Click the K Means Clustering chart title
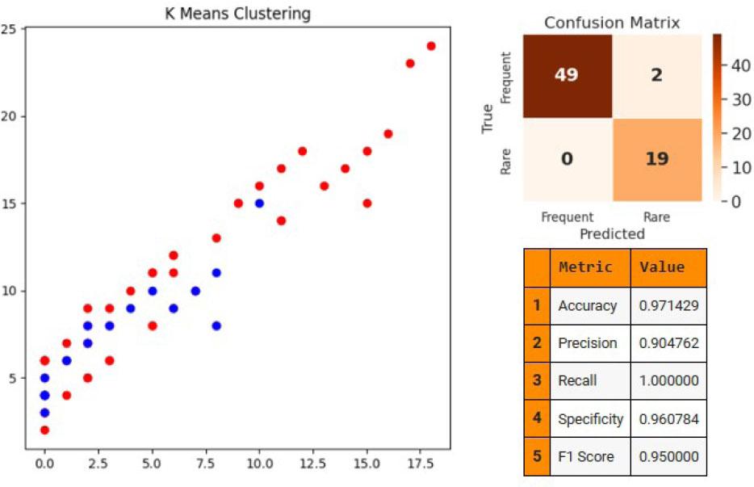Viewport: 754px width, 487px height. click(237, 14)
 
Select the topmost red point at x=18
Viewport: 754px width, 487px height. click(431, 46)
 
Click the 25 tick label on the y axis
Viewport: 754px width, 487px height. click(10, 29)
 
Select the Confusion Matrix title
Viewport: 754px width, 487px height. click(612, 23)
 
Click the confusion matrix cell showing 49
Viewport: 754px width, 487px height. click(567, 74)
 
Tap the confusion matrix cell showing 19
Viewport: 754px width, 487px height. click(657, 158)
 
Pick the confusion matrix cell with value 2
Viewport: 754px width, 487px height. click(657, 74)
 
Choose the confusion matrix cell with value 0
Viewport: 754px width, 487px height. click(567, 158)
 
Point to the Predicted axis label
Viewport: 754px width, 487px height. click(613, 233)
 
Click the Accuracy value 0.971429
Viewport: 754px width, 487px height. click(668, 305)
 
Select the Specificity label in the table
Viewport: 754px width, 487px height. click(590, 419)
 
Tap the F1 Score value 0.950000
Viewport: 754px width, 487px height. click(668, 457)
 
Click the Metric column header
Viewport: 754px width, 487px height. click(585, 267)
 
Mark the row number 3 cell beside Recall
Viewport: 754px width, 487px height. click(536, 381)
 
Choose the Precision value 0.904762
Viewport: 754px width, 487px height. click(668, 343)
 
